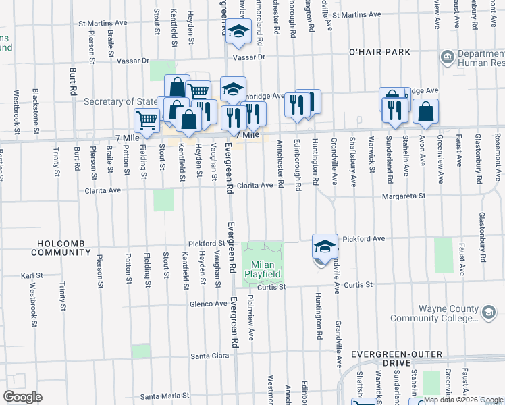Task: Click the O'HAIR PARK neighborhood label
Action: pyautogui.click(x=379, y=52)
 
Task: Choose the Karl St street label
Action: pyautogui.click(x=32, y=276)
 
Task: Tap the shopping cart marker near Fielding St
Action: pyautogui.click(x=147, y=121)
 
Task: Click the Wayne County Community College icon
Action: pyautogui.click(x=488, y=311)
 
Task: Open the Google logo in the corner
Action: pyautogui.click(x=23, y=396)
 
